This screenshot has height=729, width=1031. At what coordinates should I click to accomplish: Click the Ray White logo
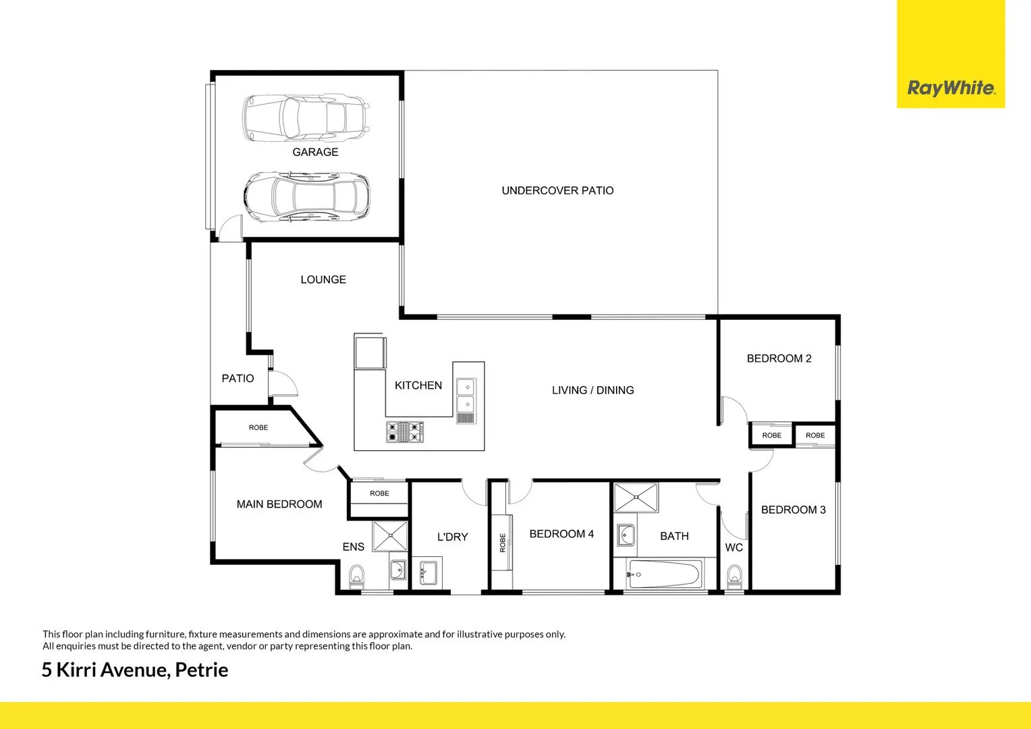coord(950,88)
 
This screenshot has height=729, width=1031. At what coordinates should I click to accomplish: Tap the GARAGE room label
coord(315,152)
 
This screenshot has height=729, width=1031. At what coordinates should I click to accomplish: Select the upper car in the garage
coord(306,117)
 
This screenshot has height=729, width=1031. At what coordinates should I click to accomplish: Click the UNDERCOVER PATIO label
coord(557,190)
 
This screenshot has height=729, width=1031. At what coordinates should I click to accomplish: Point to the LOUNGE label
coord(323,279)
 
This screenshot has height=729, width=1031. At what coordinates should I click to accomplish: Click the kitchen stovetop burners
coord(405,432)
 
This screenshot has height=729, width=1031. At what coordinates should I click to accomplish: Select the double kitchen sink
coord(466,396)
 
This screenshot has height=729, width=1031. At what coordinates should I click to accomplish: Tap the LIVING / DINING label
coord(592,390)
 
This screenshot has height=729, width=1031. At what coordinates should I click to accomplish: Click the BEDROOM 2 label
coord(779,358)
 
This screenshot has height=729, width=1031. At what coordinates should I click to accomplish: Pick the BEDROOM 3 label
coord(793,510)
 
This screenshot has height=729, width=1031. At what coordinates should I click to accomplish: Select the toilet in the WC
coord(734,577)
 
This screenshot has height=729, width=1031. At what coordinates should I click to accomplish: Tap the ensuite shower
coord(391,536)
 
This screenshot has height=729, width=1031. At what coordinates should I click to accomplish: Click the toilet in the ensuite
coord(356,578)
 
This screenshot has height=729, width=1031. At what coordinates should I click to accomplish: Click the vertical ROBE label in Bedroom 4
coord(503,543)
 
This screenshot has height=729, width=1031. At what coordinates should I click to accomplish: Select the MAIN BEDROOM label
coord(279,504)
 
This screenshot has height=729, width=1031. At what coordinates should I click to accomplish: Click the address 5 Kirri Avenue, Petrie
coord(135,670)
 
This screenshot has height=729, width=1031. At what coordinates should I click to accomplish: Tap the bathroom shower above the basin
coord(636,497)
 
